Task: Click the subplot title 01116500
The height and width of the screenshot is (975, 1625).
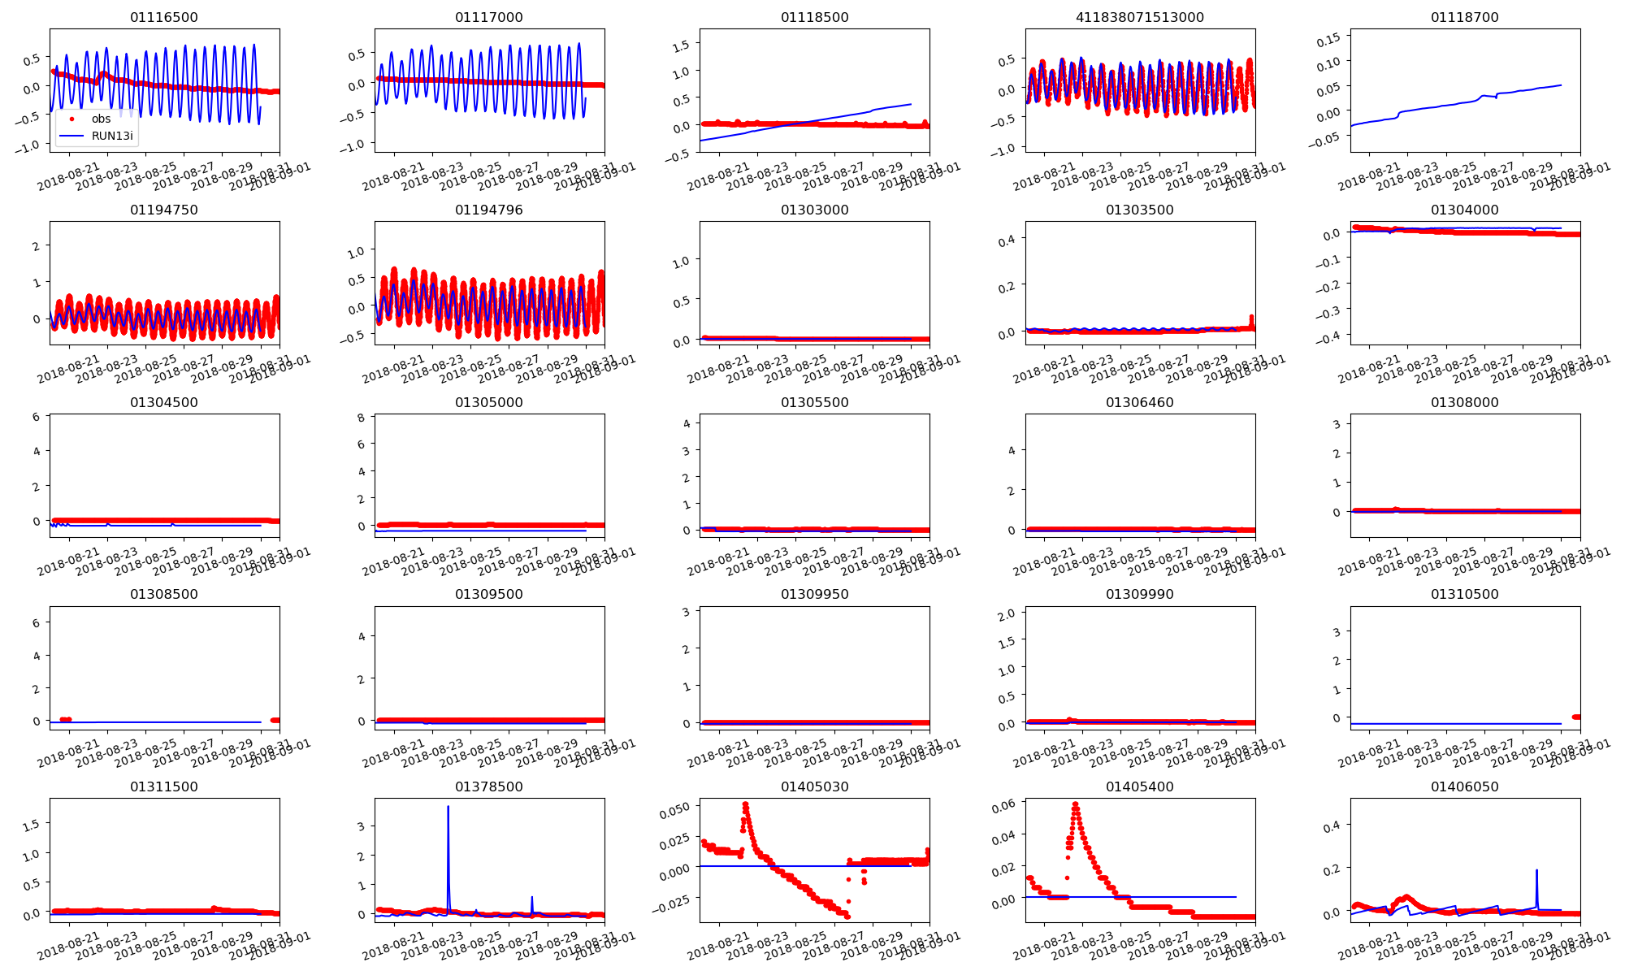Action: point(163,17)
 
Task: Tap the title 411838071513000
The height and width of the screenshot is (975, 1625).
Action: point(1139,17)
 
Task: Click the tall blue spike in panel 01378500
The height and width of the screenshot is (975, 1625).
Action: point(448,808)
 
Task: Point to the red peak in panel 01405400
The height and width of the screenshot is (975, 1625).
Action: point(1075,804)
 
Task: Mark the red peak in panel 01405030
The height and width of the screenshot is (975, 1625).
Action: point(745,804)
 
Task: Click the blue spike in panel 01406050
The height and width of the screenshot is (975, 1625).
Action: point(1536,871)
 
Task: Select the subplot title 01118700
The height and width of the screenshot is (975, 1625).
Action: point(1464,17)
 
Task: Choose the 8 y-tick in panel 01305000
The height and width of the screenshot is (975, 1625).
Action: point(361,418)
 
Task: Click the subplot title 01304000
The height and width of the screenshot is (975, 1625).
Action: point(1464,210)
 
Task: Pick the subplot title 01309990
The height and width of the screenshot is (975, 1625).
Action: point(1139,594)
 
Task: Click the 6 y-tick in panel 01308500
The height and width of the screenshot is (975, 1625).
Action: point(37,623)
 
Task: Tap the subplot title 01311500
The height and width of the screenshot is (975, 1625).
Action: point(163,786)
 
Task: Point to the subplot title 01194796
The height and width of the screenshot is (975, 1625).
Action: point(488,210)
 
